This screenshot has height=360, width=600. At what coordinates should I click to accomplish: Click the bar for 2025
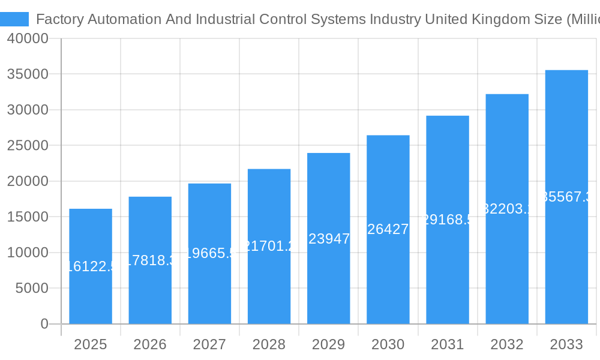(x=91, y=266)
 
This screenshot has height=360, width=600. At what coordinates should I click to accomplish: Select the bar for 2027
(x=209, y=254)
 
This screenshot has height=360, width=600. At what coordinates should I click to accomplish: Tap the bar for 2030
(x=388, y=230)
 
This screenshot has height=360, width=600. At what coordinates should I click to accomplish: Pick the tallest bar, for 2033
(x=566, y=197)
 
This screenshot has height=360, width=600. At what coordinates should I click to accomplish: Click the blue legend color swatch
(x=14, y=19)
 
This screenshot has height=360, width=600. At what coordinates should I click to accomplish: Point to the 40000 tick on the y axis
(x=28, y=38)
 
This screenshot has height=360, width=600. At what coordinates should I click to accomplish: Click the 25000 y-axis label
(x=28, y=146)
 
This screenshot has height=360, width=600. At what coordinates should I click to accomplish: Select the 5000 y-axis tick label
(x=31, y=289)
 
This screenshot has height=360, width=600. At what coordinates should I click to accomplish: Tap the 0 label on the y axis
(x=44, y=324)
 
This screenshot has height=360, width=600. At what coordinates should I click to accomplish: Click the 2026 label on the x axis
(x=150, y=344)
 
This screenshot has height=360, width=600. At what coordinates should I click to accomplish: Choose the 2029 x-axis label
(x=328, y=344)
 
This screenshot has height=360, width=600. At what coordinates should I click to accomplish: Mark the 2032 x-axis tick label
(x=507, y=344)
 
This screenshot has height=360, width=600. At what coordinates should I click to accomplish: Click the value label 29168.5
(x=448, y=220)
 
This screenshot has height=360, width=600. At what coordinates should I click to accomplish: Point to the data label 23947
(x=328, y=239)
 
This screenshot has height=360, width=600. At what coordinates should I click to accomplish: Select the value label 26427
(x=388, y=229)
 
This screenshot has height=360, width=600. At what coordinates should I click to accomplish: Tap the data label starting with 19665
(x=209, y=253)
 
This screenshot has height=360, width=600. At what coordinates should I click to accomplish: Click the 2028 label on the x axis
(x=269, y=344)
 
